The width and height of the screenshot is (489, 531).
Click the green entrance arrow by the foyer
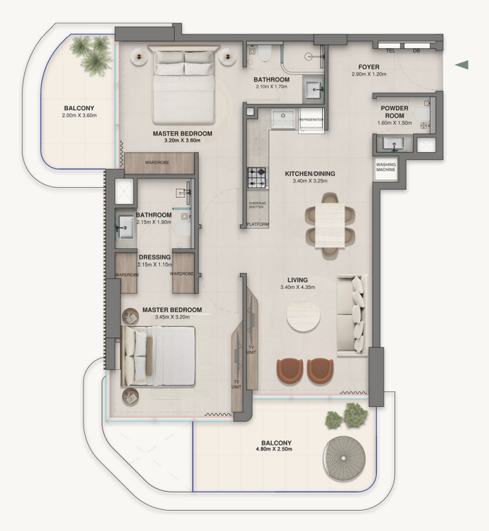462,65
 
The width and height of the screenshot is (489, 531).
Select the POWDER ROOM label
394,113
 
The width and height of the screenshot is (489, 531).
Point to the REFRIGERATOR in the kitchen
311,120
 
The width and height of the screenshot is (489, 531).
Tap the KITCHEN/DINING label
309,173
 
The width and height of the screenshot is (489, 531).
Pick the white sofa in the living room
351,314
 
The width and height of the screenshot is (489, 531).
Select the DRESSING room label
154,257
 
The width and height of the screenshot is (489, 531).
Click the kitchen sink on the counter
286,119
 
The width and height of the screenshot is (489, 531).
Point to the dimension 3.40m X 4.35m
297,288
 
